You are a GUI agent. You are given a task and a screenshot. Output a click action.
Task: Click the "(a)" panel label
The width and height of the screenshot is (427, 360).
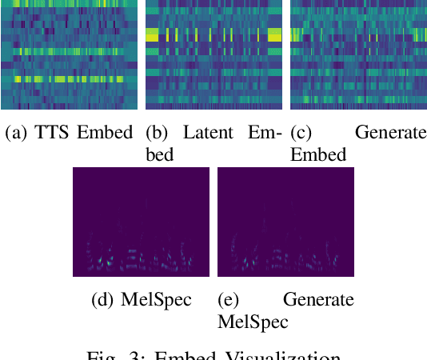pyautogui.click(x=16, y=133)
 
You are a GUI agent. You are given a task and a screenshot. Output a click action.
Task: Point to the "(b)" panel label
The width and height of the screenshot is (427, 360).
pyautogui.click(x=158, y=133)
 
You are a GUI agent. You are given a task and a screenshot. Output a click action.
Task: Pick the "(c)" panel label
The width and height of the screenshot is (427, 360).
pyautogui.click(x=302, y=133)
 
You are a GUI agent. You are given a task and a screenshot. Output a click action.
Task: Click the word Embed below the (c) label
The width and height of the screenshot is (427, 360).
pyautogui.click(x=318, y=154)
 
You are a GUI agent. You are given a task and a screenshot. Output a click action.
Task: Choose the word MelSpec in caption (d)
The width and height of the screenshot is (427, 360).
pyautogui.click(x=156, y=300)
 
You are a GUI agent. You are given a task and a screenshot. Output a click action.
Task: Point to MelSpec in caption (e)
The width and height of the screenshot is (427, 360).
pyautogui.click(x=253, y=322)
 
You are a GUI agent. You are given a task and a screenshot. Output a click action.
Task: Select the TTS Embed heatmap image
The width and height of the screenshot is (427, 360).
pyautogui.click(x=69, y=54)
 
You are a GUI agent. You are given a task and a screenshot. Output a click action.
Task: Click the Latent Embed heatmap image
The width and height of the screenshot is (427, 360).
pyautogui.click(x=213, y=54)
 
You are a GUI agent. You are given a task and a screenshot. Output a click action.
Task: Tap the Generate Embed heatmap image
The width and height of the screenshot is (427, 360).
pyautogui.click(x=358, y=54)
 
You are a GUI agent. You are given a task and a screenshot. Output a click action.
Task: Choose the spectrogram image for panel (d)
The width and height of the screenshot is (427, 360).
pyautogui.click(x=141, y=222)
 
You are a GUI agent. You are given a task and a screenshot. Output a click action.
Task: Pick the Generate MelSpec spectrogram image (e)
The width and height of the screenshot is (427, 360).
pyautogui.click(x=285, y=222)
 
